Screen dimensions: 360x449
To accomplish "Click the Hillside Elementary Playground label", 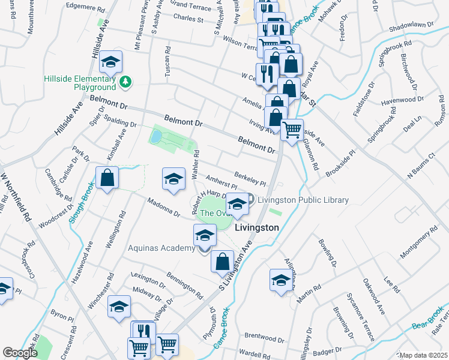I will [x=79, y=83].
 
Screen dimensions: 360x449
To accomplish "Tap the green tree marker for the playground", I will [x=125, y=81].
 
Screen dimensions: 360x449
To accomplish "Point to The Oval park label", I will [x=214, y=212].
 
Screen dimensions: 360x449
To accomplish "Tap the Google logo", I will [x=20, y=353].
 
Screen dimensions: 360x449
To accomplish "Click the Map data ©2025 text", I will [x=423, y=355].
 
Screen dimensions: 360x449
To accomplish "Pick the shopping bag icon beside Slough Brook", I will [x=107, y=178].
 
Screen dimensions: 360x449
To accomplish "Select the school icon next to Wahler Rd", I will [x=174, y=179].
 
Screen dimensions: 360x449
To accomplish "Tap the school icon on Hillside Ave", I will [x=111, y=62].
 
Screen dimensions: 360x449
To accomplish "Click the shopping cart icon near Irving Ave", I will [x=292, y=129].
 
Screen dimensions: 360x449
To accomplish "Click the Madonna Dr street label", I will [x=160, y=208].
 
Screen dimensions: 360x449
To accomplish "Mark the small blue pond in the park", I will [x=156, y=137].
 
